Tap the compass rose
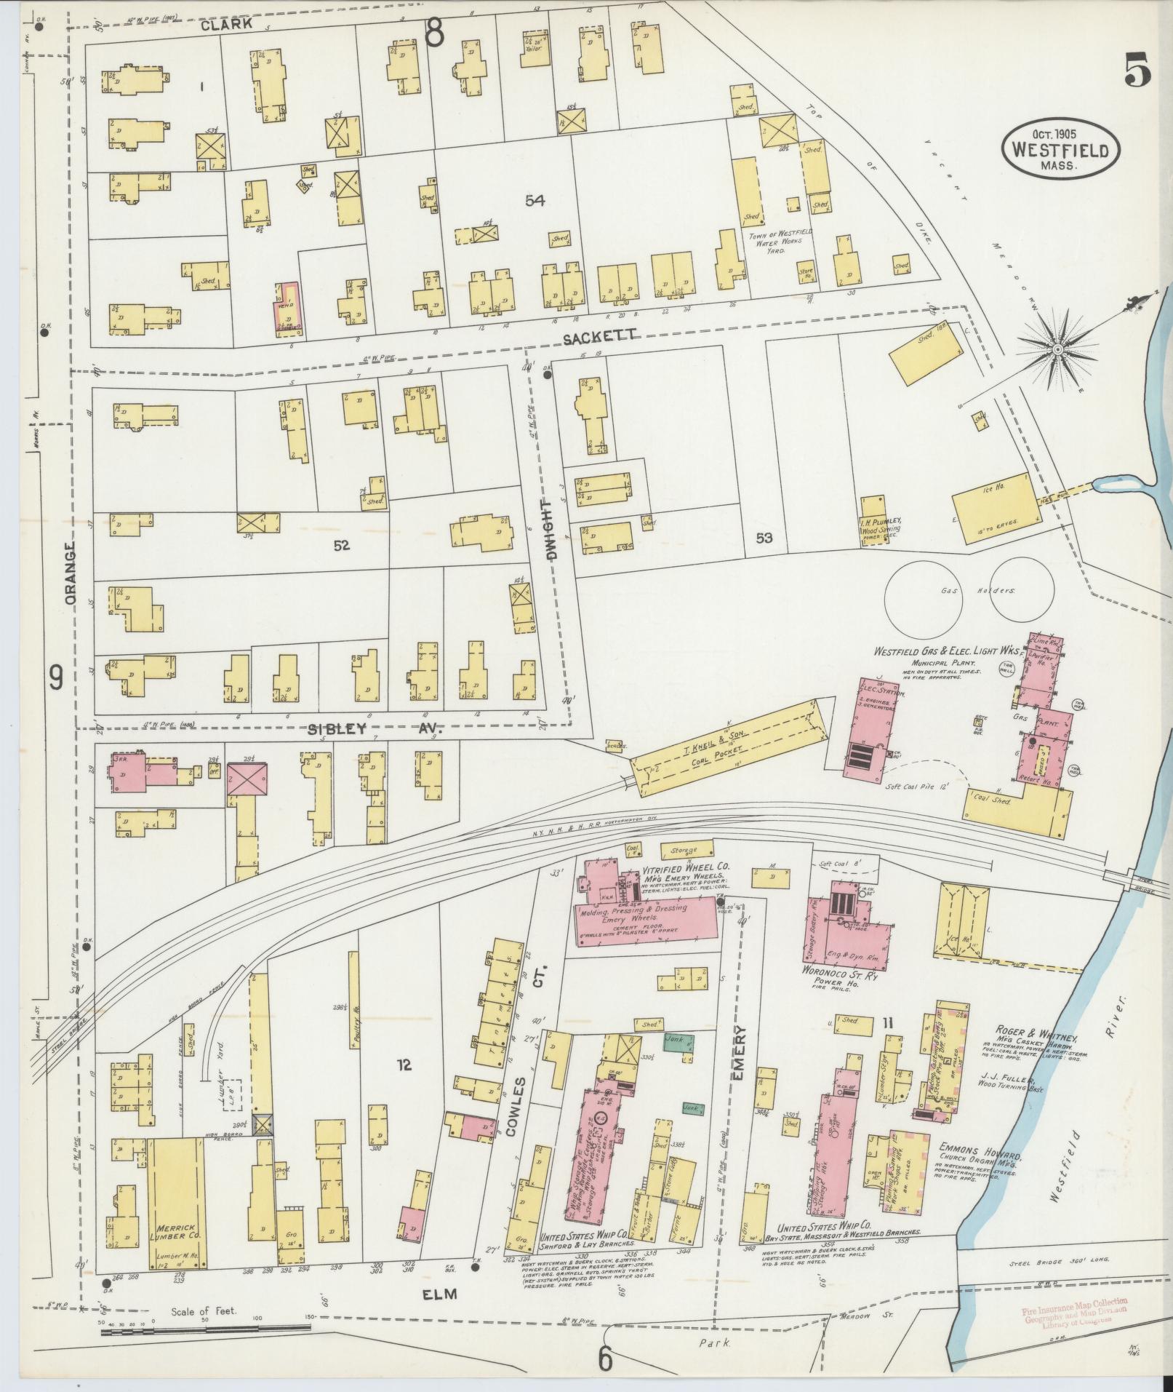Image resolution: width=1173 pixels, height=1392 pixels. [x=1058, y=351]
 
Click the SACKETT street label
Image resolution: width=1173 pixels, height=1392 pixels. [x=600, y=335]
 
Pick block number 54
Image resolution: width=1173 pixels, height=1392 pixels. [x=535, y=200]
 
